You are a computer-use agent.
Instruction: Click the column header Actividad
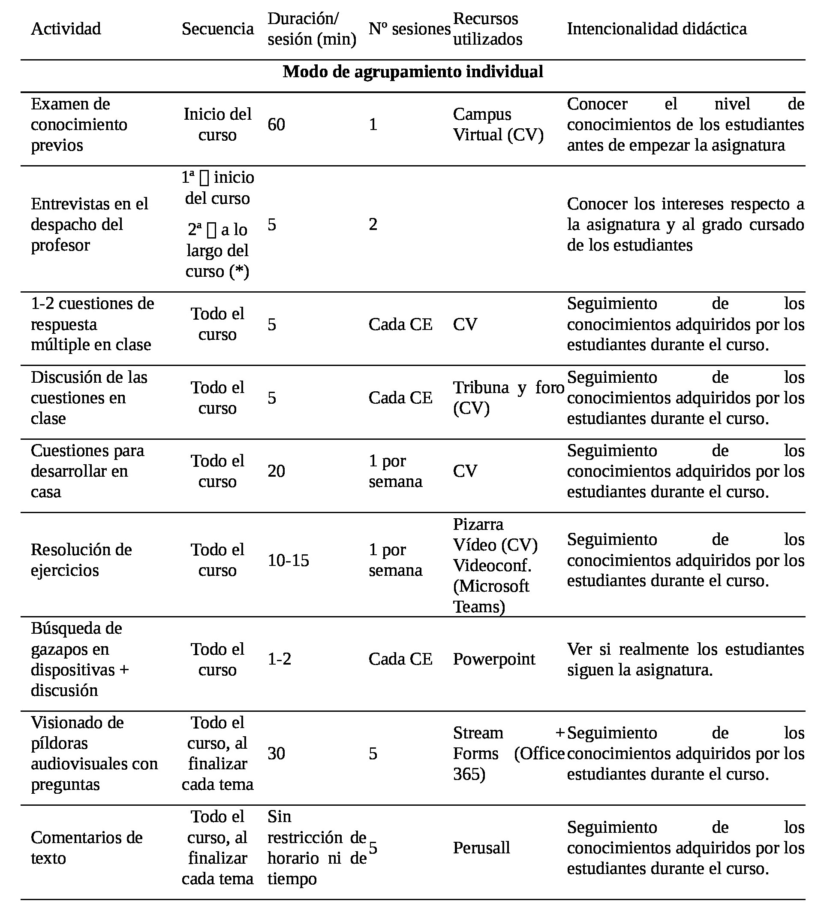click(x=66, y=29)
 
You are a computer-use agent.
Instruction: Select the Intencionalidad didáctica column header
click(x=656, y=29)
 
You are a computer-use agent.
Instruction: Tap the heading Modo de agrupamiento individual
click(x=413, y=72)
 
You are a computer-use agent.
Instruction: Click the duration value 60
click(x=276, y=124)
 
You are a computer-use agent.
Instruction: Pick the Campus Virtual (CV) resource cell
click(x=498, y=124)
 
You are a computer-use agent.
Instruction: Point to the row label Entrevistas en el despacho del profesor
click(x=89, y=224)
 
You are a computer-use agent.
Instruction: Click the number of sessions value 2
click(x=373, y=224)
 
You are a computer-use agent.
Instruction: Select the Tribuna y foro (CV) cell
click(x=508, y=398)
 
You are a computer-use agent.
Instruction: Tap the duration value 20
click(x=276, y=471)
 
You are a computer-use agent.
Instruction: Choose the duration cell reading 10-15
click(x=288, y=561)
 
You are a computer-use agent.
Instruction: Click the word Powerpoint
click(x=494, y=659)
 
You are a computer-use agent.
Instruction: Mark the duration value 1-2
click(x=279, y=659)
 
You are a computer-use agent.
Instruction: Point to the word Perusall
click(x=481, y=848)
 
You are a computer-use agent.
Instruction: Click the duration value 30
click(x=276, y=753)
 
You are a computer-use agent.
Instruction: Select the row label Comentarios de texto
click(x=86, y=848)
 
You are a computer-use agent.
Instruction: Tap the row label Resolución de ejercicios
click(x=81, y=560)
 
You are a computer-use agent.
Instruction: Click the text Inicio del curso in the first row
click(x=217, y=124)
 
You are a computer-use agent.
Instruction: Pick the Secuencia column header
click(x=217, y=29)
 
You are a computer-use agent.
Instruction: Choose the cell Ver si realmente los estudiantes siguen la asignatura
click(x=685, y=659)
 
